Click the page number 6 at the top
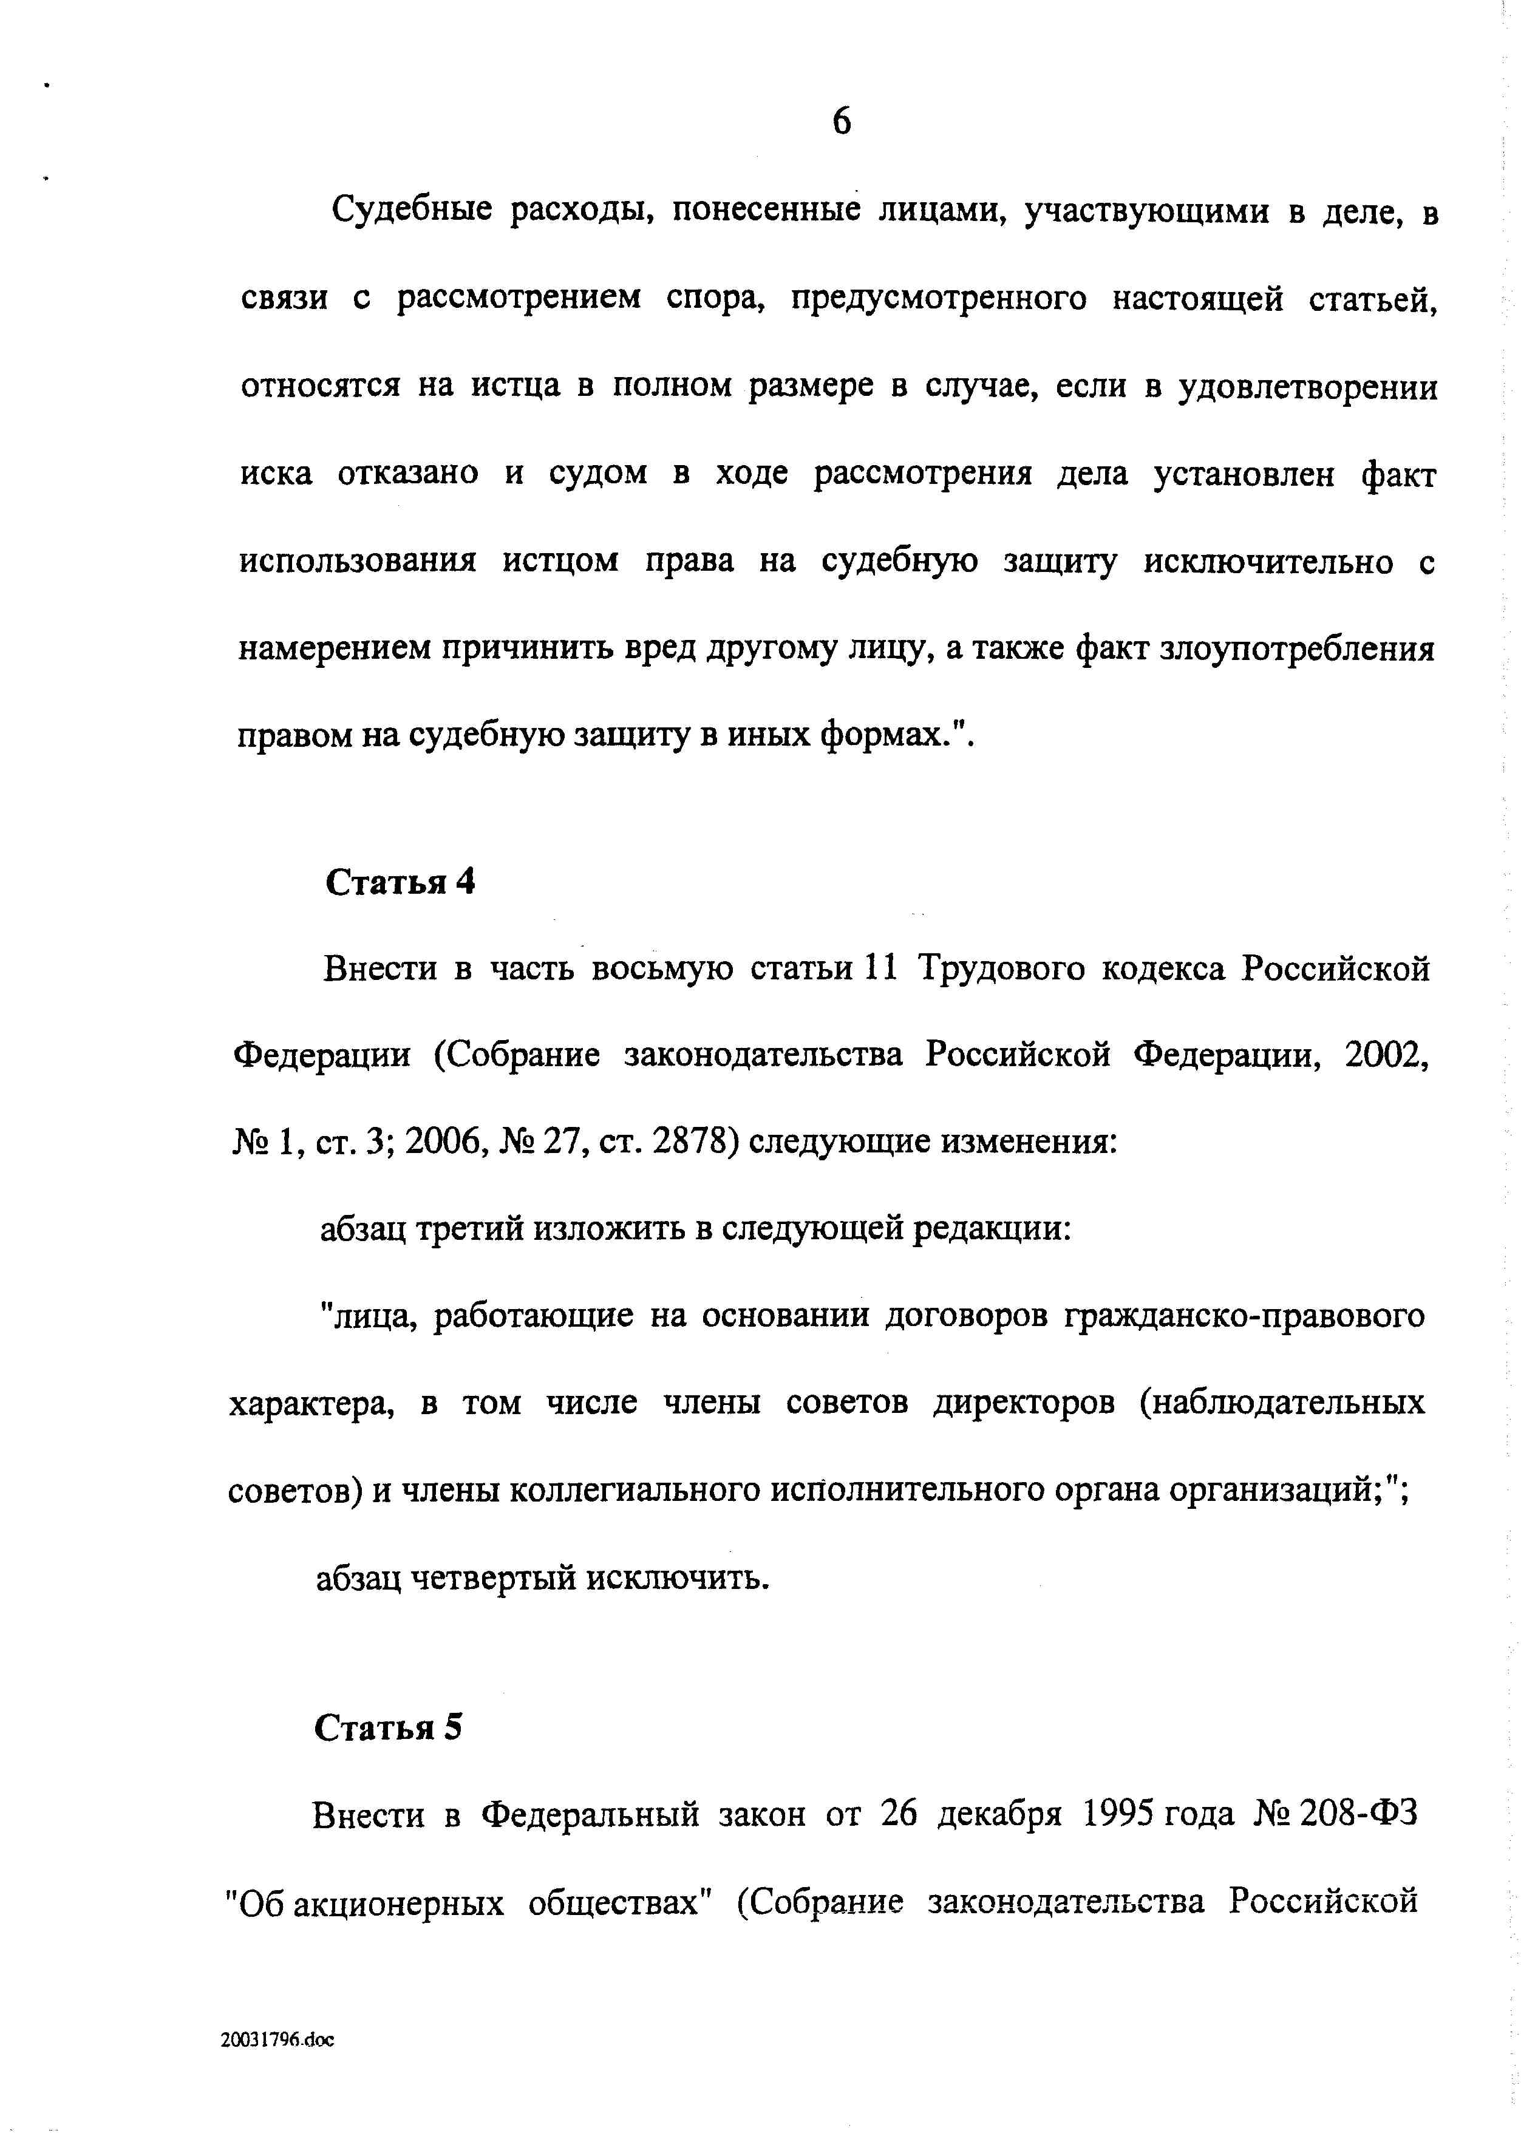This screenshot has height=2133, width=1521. pos(841,121)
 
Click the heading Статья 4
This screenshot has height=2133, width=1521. pos(400,882)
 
